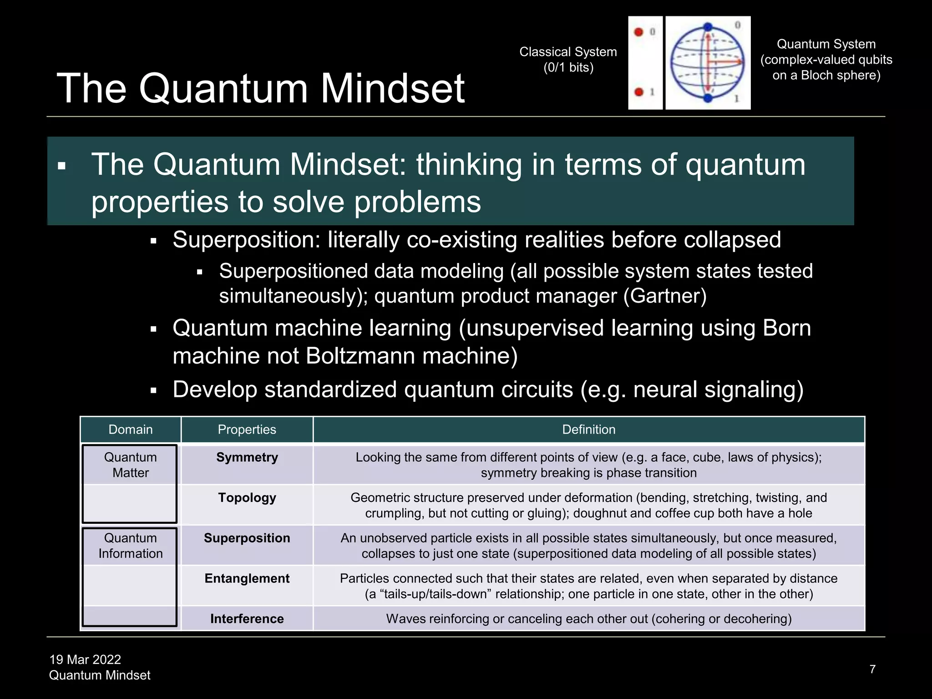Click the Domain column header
(x=131, y=430)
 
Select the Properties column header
(x=247, y=430)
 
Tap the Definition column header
(x=588, y=430)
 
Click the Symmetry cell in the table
(x=247, y=457)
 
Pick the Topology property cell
(x=247, y=498)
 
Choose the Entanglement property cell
(x=247, y=578)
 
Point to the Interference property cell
(x=247, y=619)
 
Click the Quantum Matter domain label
(x=131, y=465)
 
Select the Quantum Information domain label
(x=131, y=546)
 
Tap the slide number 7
(x=872, y=669)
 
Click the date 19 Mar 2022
(x=85, y=659)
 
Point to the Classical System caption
(x=568, y=60)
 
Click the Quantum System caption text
(x=826, y=60)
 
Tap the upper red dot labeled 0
(x=638, y=32)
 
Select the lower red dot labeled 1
(x=638, y=92)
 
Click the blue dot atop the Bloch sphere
(x=708, y=27)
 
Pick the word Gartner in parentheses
(x=665, y=296)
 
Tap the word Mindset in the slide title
(x=393, y=88)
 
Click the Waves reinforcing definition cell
(x=588, y=619)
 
